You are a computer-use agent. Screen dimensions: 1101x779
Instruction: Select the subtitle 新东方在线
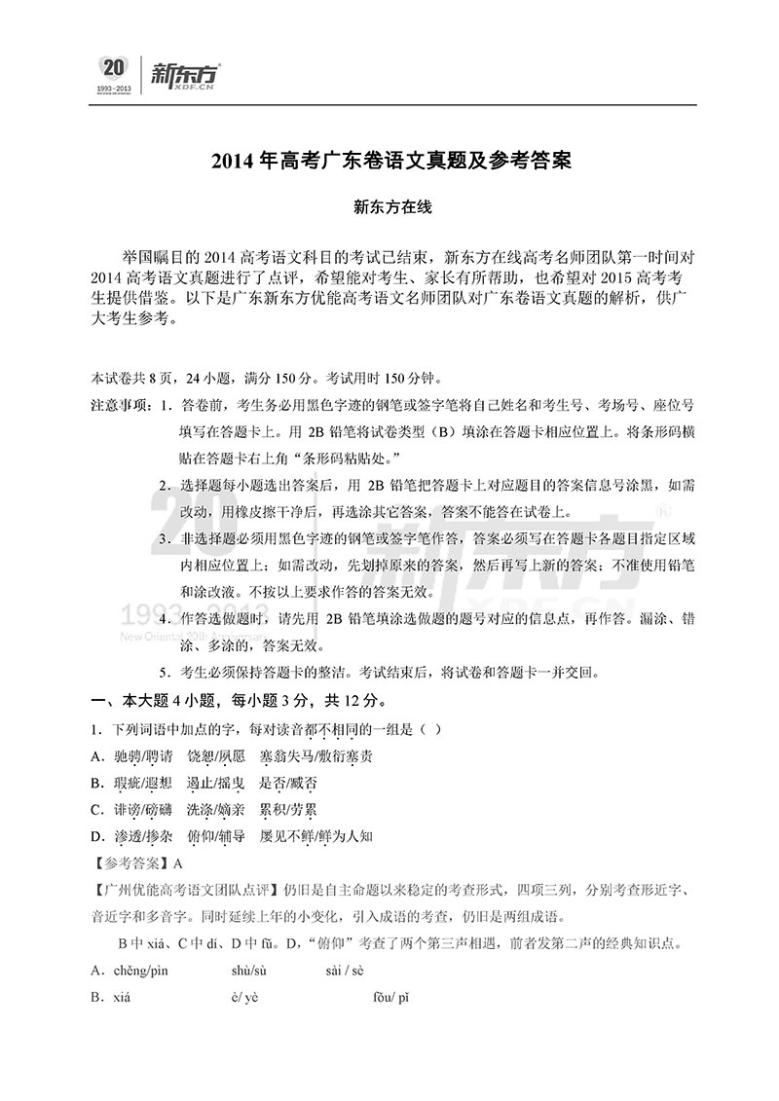389,206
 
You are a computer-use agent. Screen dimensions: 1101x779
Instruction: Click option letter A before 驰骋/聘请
96,755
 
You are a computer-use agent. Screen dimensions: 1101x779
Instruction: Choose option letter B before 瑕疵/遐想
96,783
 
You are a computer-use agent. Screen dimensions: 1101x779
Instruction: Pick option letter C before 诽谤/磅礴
96,809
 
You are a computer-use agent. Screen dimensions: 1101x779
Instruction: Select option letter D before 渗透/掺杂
96,835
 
